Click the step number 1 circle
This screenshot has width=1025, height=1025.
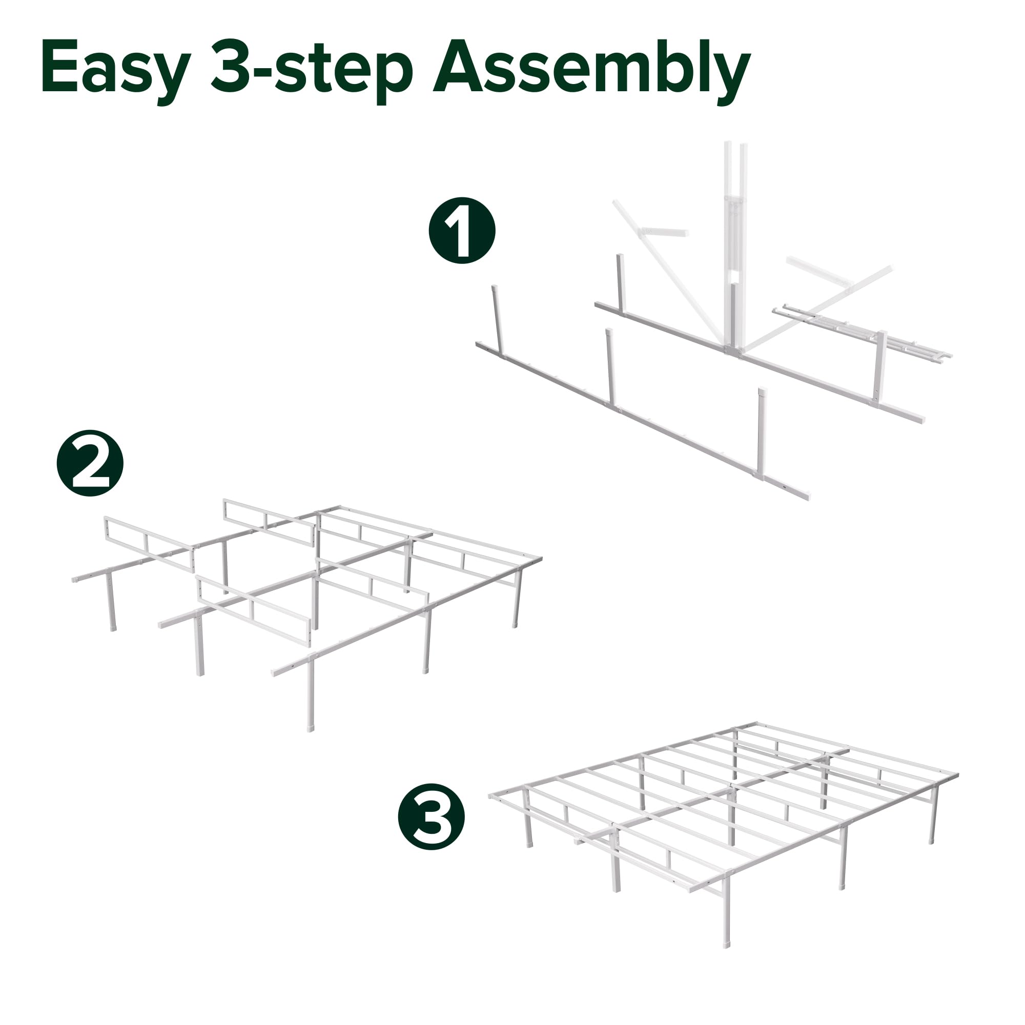point(462,231)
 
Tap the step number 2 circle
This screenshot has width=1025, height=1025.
point(90,463)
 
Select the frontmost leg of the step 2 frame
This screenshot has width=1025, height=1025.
point(311,695)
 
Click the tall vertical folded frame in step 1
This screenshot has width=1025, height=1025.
point(735,239)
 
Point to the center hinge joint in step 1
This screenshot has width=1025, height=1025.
point(735,350)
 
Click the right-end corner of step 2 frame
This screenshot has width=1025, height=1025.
point(540,559)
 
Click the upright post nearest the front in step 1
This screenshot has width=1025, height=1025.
point(763,430)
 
